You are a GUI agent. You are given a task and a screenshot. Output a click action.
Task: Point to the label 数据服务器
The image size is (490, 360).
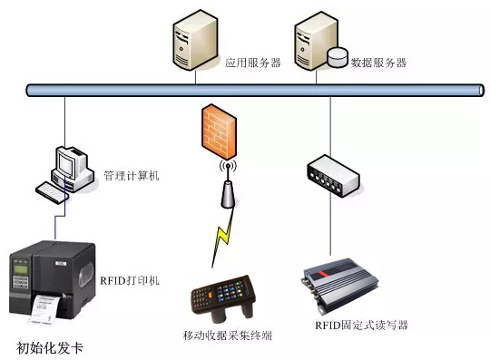click(378, 63)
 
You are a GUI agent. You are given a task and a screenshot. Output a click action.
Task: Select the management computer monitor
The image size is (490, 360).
click(67, 163)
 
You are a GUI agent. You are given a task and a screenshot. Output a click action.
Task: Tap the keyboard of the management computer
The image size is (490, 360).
click(54, 191)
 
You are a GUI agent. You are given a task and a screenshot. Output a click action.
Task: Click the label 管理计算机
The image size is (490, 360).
click(132, 175)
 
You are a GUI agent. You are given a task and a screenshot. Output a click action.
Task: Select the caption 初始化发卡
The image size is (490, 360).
click(55, 346)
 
